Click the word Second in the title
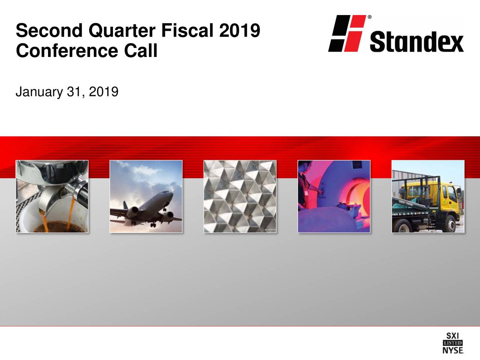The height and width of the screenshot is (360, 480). coord(50,31)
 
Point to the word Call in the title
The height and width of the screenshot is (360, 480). coord(141,51)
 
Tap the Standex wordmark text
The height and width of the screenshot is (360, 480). coord(416,42)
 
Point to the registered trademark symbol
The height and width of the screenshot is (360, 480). coord(370,17)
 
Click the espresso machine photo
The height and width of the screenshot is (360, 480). coord(52,196)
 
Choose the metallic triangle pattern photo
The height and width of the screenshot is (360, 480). coord(240,196)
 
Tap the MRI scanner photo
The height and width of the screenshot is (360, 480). coord(334,196)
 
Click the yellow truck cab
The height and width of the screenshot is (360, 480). coord(448,195)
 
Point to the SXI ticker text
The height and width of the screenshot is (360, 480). coord(453,336)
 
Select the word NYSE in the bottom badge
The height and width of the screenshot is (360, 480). coord(453,350)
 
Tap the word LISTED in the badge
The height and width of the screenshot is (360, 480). coord(453,343)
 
